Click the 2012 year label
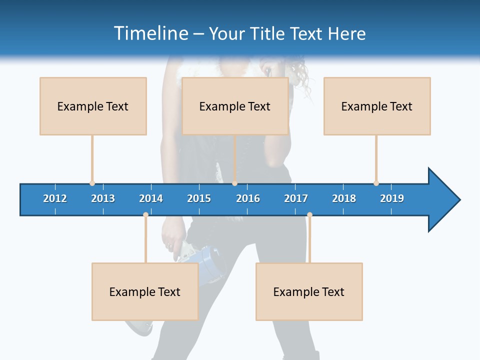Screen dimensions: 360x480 (55, 198)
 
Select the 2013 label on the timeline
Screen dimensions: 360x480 (103, 198)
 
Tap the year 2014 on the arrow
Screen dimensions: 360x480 (151, 198)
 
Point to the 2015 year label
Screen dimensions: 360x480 (199, 198)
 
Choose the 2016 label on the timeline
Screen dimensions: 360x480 (248, 198)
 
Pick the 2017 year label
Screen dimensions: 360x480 (296, 198)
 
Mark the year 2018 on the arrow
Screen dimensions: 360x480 (344, 198)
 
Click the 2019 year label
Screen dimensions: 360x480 (392, 198)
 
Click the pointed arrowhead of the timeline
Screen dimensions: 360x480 (445, 200)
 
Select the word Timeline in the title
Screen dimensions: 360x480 (150, 33)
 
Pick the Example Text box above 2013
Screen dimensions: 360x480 (93, 106)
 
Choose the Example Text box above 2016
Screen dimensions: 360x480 (235, 106)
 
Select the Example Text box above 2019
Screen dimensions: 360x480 (377, 106)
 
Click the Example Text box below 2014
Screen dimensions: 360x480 (145, 291)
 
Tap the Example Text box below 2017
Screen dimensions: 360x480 (309, 291)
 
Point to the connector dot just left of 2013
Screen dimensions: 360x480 (92, 183)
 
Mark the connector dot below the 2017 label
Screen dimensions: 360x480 (309, 215)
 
